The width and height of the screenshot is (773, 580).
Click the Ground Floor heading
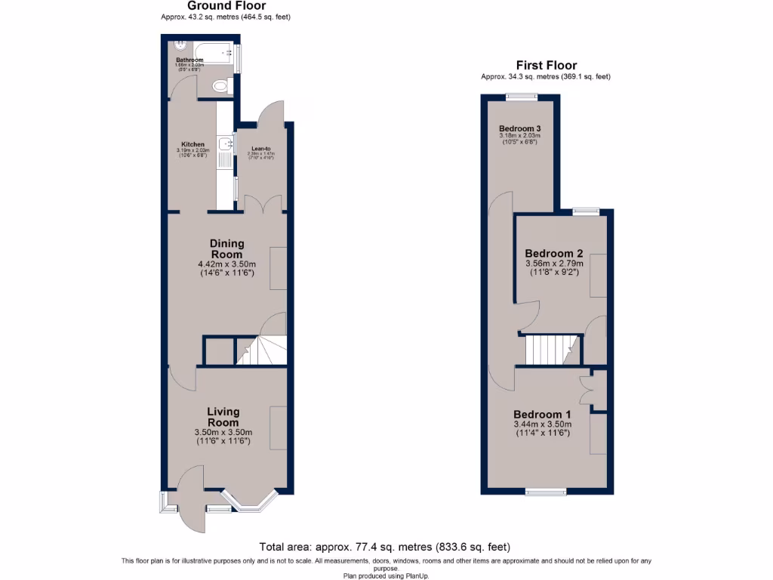[226, 6]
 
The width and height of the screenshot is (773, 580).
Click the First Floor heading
[546, 66]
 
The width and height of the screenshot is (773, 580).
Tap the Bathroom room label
[189, 60]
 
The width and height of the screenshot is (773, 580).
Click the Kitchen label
[192, 144]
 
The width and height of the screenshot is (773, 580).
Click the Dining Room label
[226, 248]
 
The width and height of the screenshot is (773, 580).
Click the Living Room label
[223, 417]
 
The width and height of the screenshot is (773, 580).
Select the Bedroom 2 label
[553, 253]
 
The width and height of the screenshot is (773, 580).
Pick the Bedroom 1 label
[542, 415]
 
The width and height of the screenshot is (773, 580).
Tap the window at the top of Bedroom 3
[521, 96]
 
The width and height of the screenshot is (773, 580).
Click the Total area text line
[386, 547]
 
